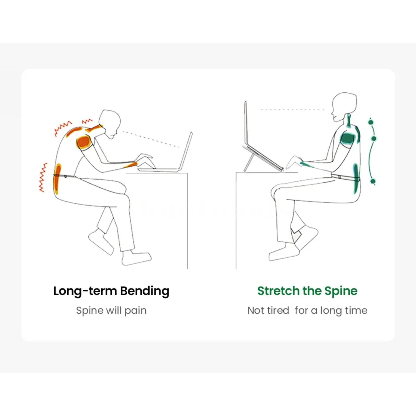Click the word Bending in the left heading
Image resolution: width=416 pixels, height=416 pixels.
coord(145,291)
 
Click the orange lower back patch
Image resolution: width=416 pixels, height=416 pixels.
coord(57,179)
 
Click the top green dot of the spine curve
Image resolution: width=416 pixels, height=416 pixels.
coord(371,122)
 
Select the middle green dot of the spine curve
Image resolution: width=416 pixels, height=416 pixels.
coord(375,138)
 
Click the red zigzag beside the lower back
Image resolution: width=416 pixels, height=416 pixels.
coord(43,178)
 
